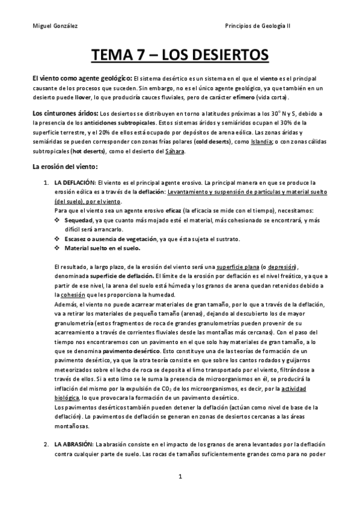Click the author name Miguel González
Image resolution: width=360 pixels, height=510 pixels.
click(x=55, y=26)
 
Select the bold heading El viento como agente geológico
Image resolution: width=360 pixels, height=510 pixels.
click(x=82, y=79)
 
